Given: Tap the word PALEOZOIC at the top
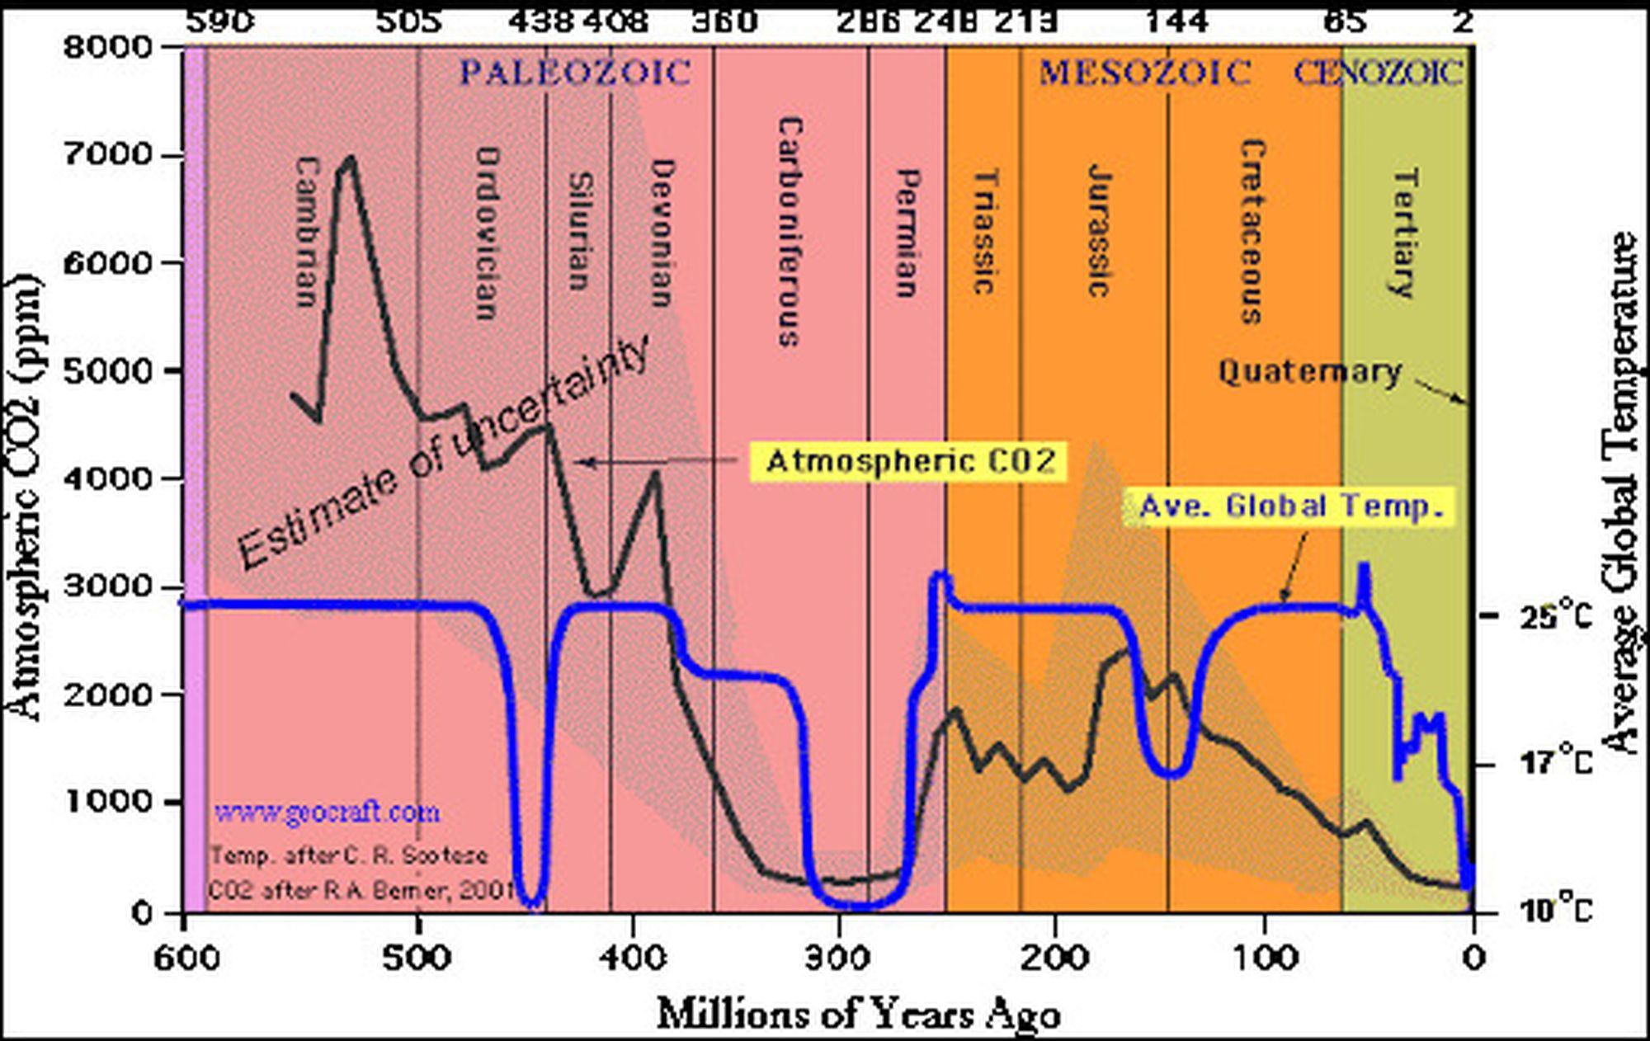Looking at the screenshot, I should coord(575,73).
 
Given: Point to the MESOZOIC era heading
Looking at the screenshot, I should coord(1144,73).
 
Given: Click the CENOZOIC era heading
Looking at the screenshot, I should coord(1378,73).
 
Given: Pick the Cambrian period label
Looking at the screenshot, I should coord(306,232).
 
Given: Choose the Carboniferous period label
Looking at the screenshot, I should coord(790,231).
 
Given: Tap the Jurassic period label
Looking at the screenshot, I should coord(1098,230).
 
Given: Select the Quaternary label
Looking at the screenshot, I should coord(1309,372).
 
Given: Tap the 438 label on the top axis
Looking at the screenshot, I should coord(540,21).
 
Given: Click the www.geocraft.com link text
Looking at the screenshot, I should coord(327,813).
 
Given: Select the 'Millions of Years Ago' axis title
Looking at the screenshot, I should coord(858,1014).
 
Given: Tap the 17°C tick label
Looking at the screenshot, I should coord(1554,764).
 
